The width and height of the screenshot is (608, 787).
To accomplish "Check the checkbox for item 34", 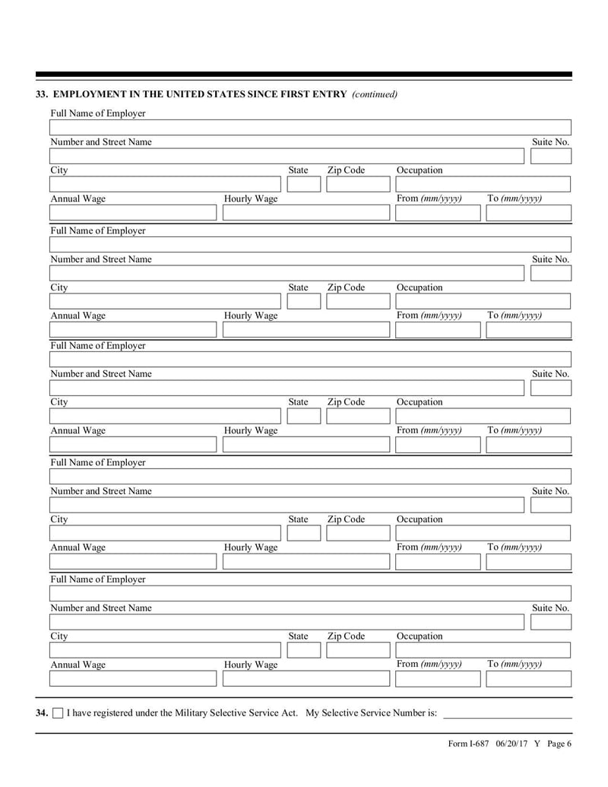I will click(58, 713).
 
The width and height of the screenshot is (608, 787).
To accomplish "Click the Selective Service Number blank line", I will click(507, 712).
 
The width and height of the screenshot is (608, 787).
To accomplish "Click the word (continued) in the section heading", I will click(375, 94).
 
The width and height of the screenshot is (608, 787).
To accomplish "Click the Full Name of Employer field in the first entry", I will click(309, 127).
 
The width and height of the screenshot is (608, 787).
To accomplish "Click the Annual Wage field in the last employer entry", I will click(133, 678).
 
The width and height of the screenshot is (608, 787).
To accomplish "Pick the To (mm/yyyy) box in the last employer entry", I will click(528, 678).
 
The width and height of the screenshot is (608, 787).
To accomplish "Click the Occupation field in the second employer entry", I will click(482, 302).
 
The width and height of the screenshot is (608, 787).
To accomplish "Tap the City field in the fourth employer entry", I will click(164, 534).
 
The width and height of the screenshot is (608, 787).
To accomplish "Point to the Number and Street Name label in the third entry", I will click(101, 374).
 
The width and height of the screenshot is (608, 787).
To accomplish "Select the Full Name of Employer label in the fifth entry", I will click(98, 579).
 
